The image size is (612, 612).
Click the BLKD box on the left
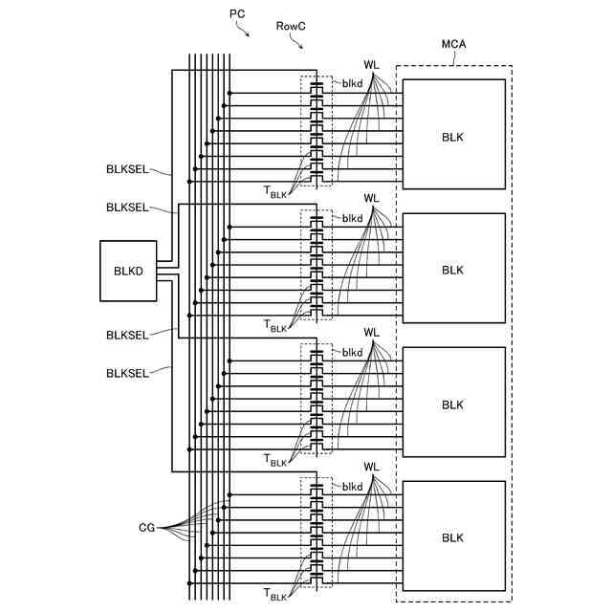128,271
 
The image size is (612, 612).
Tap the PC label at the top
237,14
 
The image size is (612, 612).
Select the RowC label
291,26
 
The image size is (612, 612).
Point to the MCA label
453,44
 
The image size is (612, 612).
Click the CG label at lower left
146,528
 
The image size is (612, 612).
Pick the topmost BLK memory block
454,134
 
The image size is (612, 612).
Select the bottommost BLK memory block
454,535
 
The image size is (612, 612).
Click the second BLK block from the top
454,268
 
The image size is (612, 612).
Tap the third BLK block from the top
454,402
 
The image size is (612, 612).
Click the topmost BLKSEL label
127,169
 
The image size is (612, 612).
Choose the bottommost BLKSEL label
127,374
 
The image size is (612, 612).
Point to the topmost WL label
371,65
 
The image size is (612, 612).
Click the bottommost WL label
371,467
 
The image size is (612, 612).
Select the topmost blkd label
353,83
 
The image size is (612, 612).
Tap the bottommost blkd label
353,487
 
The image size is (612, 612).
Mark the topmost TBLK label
275,192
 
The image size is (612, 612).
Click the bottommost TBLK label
275,595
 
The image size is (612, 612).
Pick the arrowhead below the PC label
248,34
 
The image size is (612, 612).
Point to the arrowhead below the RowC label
300,47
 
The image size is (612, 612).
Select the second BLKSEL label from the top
127,208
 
